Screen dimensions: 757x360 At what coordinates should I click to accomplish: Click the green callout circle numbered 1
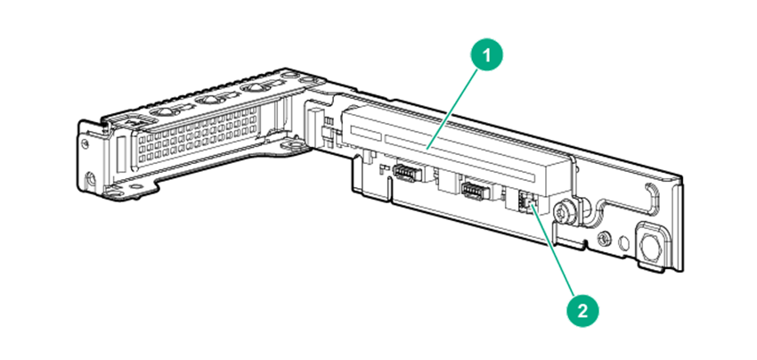pos(486,55)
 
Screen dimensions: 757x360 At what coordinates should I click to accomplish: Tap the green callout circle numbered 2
pos(582,311)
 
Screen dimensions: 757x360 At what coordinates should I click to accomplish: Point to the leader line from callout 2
pos(552,250)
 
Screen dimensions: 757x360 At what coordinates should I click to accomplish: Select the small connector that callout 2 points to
pos(525,199)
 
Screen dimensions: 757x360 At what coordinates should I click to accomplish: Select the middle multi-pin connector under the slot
pos(473,190)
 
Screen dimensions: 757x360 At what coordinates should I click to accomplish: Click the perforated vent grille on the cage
pos(198,135)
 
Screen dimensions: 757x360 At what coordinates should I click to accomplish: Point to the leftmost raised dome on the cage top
pos(164,111)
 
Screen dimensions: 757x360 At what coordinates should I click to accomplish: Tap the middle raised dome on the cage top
pos(210,100)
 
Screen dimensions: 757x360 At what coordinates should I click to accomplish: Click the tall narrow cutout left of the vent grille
pos(122,155)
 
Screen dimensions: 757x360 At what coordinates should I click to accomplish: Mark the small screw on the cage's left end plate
pos(85,143)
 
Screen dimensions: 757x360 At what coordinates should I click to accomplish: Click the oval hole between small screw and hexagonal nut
pos(623,241)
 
